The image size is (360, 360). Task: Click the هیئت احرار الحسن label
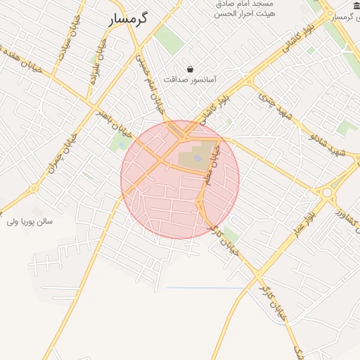[246, 14]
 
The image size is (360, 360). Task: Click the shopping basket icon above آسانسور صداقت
[191, 69]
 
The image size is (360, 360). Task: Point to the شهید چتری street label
[276, 105]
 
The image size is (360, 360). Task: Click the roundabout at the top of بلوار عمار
[327, 191]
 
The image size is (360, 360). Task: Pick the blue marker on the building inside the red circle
[198, 158]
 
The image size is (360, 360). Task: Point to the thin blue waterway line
[204, 288]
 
